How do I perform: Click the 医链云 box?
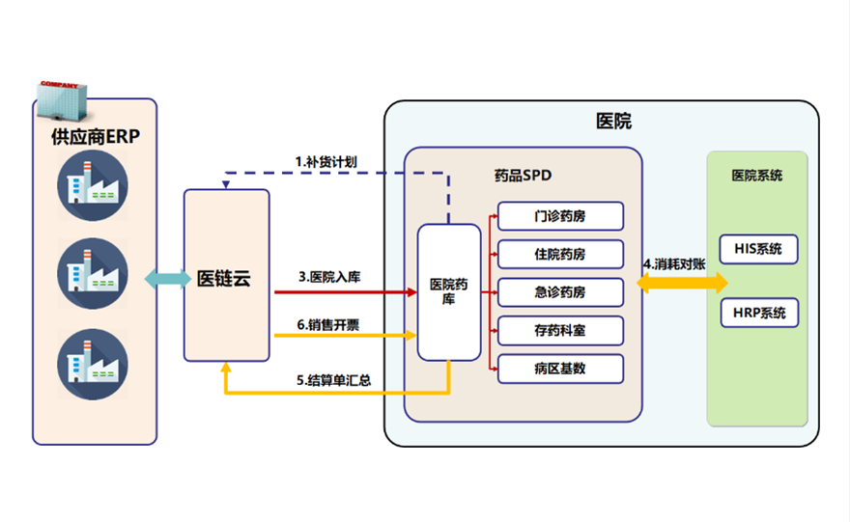click(226, 277)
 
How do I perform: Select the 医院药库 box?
click(448, 291)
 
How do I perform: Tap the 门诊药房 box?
click(560, 216)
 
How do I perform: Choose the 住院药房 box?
click(560, 255)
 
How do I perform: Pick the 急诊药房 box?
click(560, 292)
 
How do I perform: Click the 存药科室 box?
click(560, 331)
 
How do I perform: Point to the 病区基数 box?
click(560, 369)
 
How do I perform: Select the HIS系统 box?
click(759, 249)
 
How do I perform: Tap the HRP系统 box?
click(759, 313)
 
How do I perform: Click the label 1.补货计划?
click(326, 161)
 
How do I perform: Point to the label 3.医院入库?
click(330, 278)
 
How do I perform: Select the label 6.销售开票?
click(330, 323)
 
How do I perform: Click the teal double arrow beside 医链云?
click(168, 279)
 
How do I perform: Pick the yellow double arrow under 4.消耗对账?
click(683, 282)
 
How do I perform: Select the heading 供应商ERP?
click(95, 137)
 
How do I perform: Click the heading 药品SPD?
click(523, 176)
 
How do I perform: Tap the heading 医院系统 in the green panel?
click(757, 176)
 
